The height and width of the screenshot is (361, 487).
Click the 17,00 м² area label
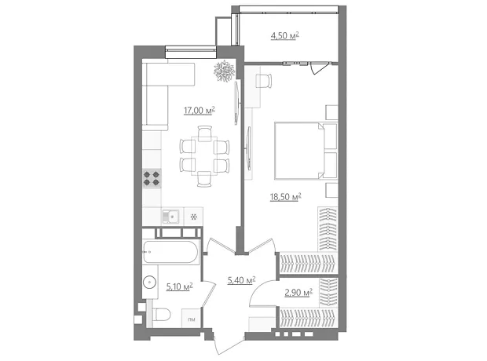(x=200, y=111)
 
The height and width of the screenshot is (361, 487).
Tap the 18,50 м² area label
(x=286, y=197)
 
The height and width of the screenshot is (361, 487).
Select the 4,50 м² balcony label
(x=285, y=36)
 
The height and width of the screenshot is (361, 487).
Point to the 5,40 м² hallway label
(x=242, y=281)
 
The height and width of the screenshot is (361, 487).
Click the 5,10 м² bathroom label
(x=180, y=286)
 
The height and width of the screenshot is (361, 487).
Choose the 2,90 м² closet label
(x=298, y=293)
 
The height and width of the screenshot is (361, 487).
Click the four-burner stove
(x=152, y=178)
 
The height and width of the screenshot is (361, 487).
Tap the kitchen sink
(x=170, y=217)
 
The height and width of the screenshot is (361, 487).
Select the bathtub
(x=170, y=252)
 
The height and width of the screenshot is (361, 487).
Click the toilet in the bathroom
(x=162, y=315)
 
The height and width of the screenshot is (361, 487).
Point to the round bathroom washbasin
(x=150, y=283)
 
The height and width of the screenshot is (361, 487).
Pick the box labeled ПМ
(x=192, y=319)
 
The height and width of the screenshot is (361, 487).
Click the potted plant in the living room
(x=224, y=71)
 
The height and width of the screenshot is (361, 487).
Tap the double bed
(x=306, y=151)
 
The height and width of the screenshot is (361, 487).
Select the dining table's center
(x=204, y=156)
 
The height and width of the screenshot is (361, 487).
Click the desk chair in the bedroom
(x=264, y=81)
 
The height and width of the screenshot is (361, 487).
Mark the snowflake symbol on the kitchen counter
(x=193, y=217)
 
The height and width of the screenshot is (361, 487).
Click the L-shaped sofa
(x=162, y=93)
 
